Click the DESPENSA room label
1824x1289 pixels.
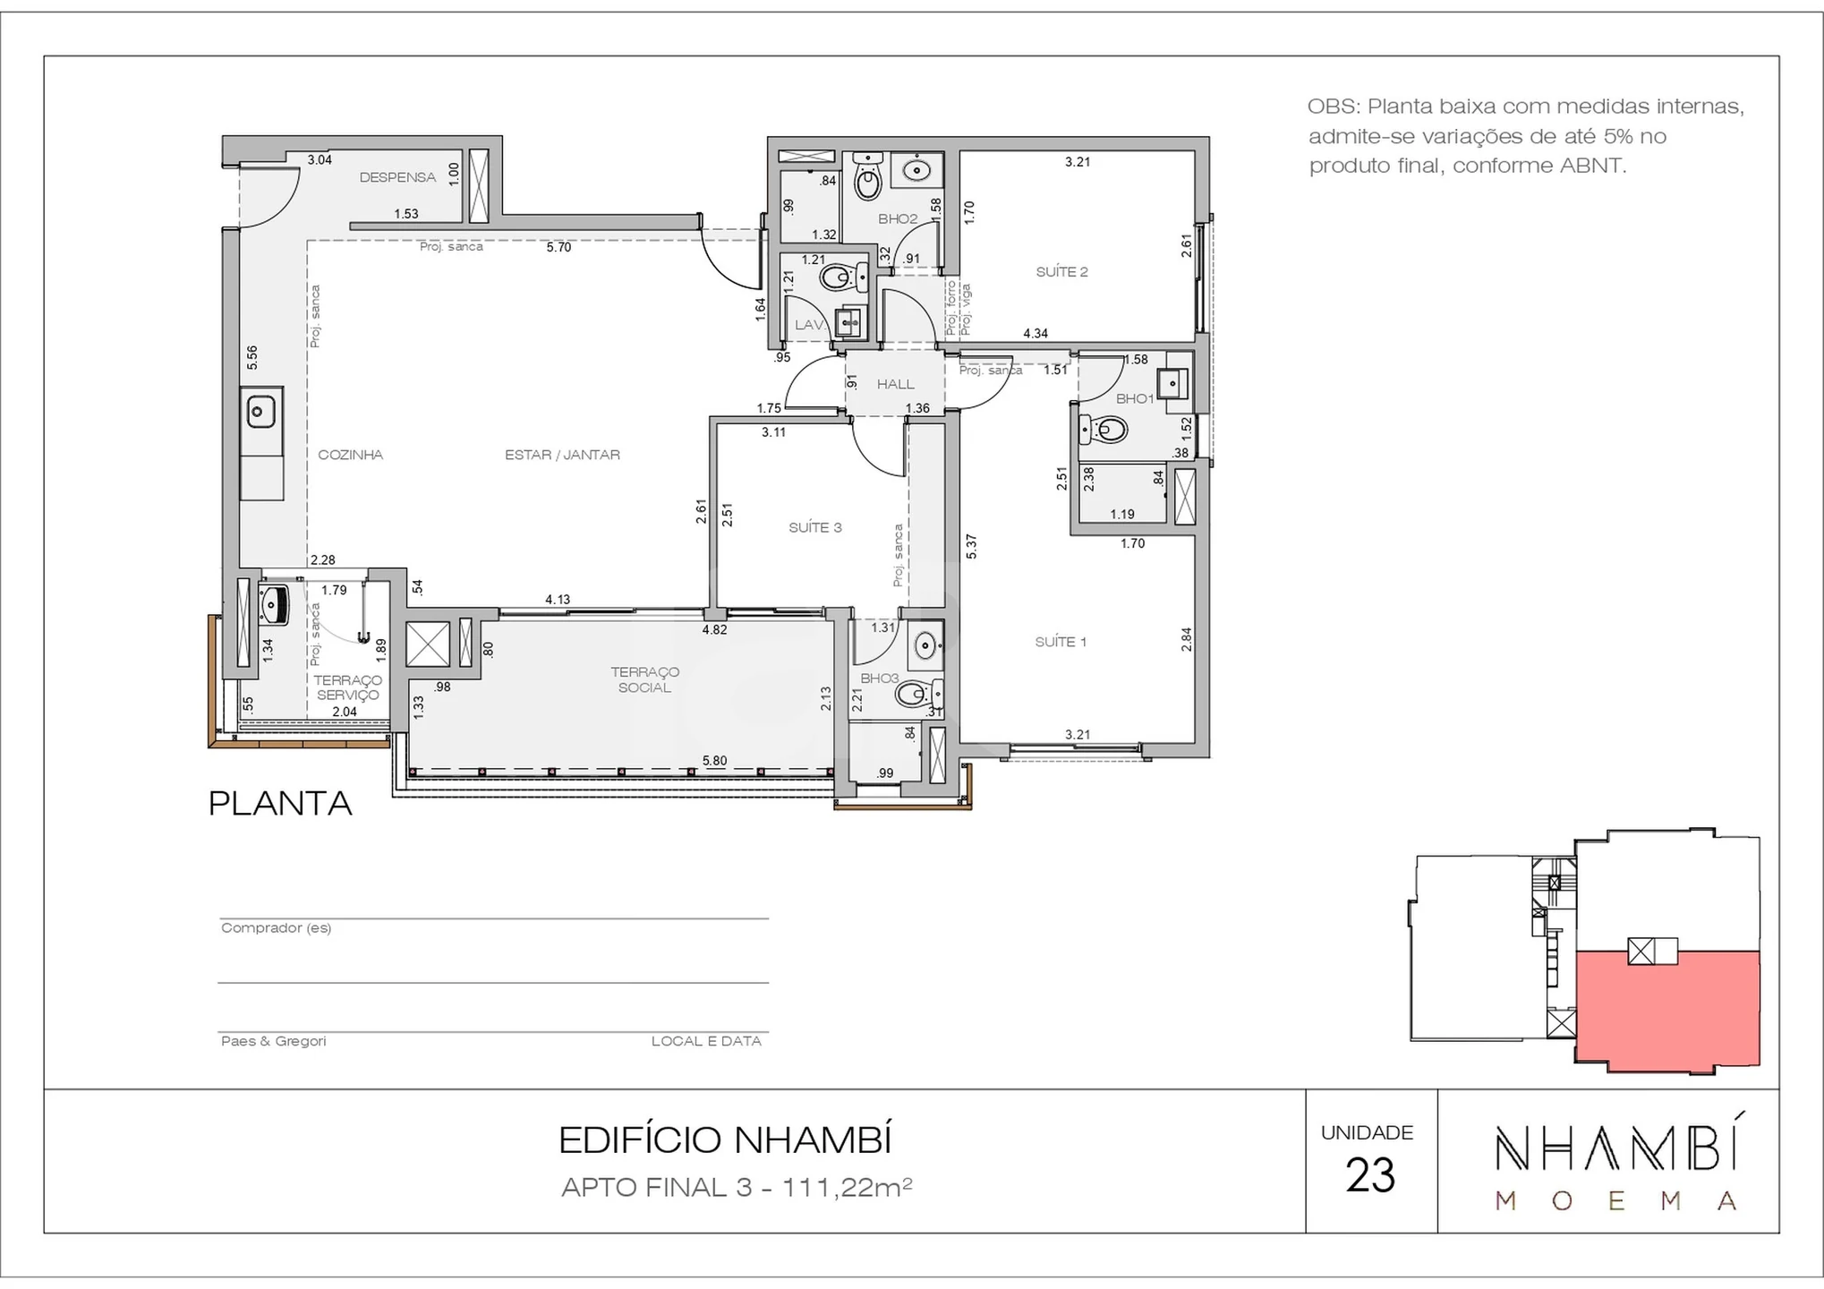397,177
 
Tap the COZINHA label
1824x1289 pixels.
351,455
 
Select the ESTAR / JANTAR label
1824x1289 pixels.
562,455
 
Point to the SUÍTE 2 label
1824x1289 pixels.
1062,271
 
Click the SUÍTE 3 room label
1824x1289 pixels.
815,527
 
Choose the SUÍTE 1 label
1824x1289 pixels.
1061,641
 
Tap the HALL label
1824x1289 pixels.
896,384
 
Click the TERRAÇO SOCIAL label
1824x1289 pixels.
645,679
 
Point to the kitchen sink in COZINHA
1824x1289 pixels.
260,413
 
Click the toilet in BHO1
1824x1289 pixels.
1104,430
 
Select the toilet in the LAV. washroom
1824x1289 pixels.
842,277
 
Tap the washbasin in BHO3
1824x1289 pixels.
925,644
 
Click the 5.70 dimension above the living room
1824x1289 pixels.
558,247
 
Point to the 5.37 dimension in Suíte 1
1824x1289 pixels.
972,546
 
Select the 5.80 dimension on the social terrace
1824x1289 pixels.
714,761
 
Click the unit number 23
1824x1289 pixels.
1370,1175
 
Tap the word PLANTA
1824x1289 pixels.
280,803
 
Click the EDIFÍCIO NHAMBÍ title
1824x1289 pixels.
726,1140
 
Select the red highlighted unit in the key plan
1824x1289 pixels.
1667,1010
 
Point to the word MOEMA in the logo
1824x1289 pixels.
1617,1201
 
